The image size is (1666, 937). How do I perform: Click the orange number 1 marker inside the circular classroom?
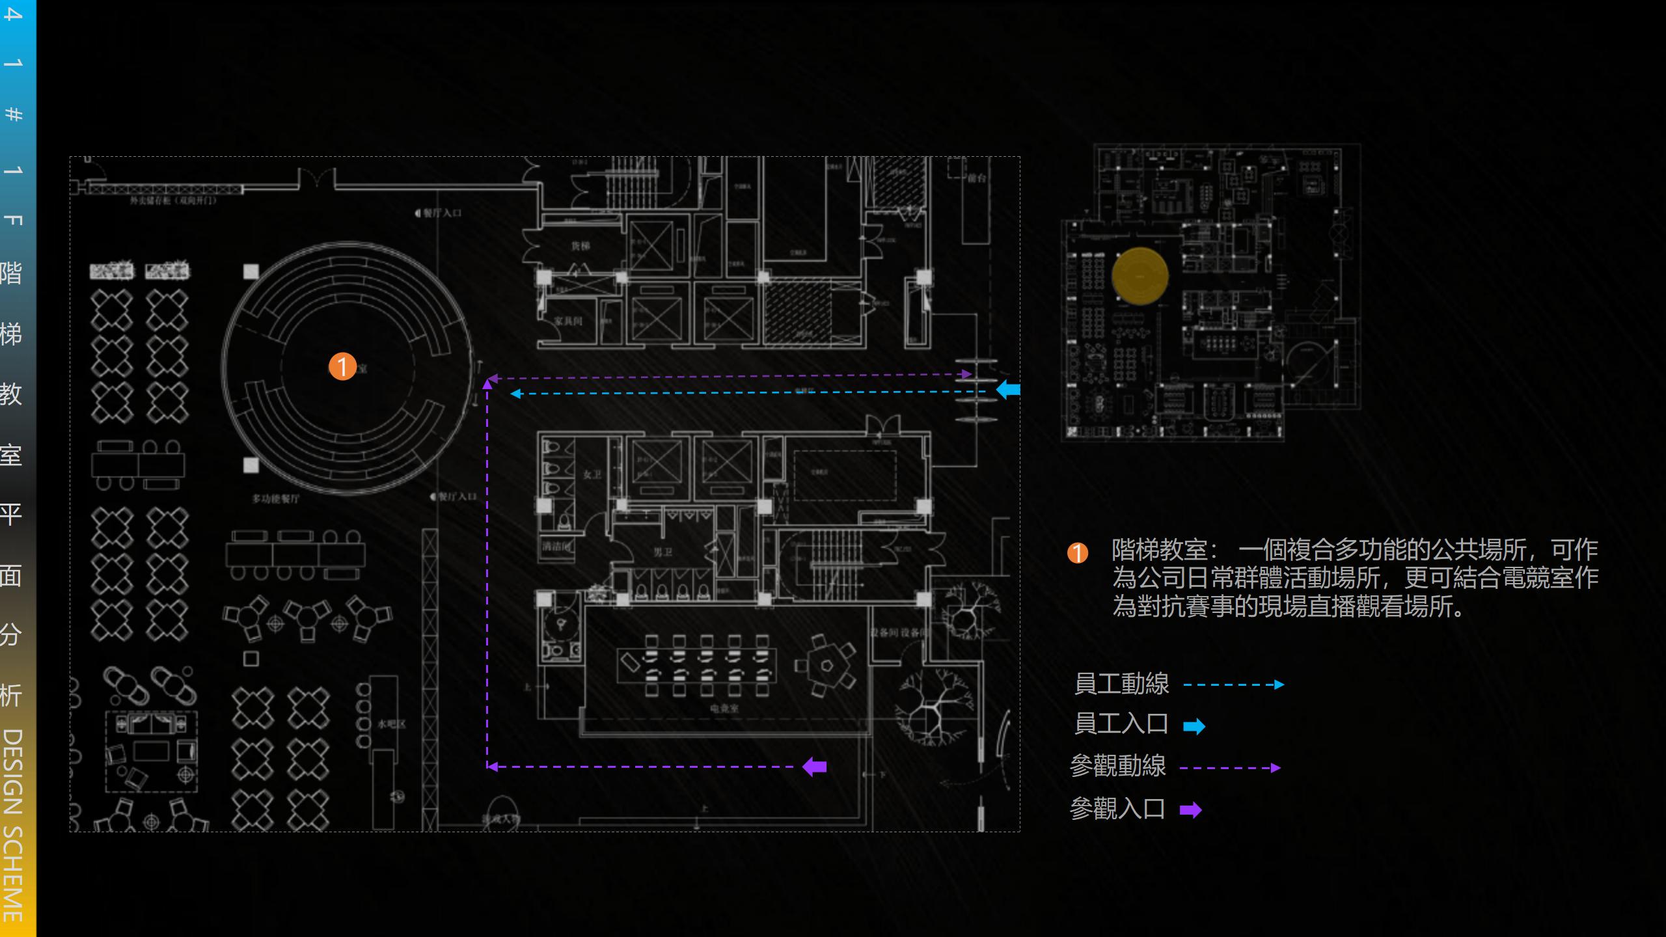pos(342,366)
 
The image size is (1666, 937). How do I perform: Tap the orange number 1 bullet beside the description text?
pos(1077,553)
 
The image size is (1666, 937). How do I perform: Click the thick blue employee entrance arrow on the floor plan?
pos(1008,390)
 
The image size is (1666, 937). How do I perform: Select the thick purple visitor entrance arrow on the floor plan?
pos(815,767)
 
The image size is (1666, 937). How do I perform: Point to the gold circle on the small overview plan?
pos(1140,276)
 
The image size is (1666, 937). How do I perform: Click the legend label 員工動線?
pos(1121,684)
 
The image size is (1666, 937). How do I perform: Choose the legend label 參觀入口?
pos(1117,809)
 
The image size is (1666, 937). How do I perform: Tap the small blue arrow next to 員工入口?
pos(1194,726)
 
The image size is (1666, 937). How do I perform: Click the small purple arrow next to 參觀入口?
pos(1190,810)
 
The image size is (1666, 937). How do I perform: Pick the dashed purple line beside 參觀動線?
pos(1229,768)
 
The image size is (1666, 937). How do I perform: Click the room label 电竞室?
pos(724,708)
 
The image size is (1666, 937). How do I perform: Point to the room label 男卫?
pos(662,552)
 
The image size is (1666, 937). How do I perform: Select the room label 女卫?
pos(592,475)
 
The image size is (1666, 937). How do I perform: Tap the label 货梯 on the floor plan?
pos(580,246)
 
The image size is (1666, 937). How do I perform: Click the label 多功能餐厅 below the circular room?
pos(276,499)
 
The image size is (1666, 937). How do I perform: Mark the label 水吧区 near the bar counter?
pos(391,724)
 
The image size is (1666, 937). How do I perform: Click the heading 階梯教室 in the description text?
pos(1159,550)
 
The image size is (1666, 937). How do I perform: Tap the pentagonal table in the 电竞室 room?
pos(826,665)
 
